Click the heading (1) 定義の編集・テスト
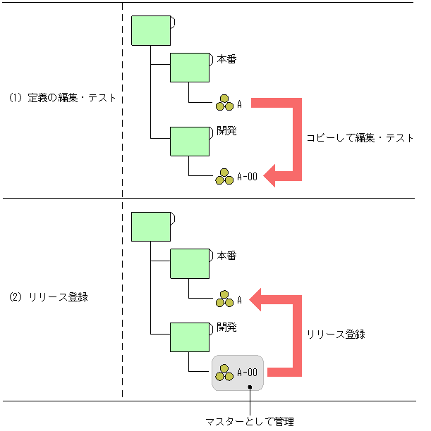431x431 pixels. tap(62, 98)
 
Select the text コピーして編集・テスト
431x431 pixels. tap(360, 138)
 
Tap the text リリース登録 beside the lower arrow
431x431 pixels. tap(335, 335)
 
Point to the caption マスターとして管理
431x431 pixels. tap(249, 422)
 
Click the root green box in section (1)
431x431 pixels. tap(151, 30)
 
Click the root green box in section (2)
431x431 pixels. tap(151, 227)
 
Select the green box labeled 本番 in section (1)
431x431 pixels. tap(189, 68)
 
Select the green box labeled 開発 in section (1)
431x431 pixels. tap(189, 141)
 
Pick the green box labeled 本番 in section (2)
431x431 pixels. tap(189, 264)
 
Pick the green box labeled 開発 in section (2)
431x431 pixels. tap(189, 337)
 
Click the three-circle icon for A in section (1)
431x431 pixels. tap(224, 103)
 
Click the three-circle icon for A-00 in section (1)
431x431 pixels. tap(224, 177)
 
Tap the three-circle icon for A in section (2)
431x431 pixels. tap(224, 299)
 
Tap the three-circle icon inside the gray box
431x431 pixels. tap(224, 373)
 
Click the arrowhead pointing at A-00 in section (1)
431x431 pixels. tap(272, 175)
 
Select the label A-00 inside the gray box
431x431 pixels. tap(248, 373)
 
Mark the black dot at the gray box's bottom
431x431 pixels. tap(250, 387)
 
